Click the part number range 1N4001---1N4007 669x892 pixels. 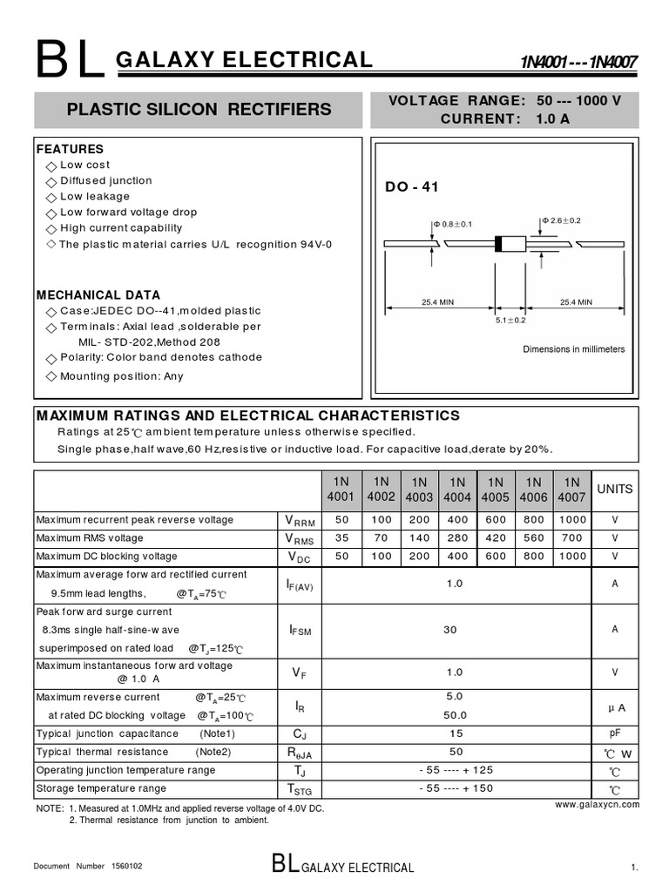579,63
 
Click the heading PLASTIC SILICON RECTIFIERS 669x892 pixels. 199,110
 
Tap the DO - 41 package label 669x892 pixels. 412,187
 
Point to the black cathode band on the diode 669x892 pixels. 499,244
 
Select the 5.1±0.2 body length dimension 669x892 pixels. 510,320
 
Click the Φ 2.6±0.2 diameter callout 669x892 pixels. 561,220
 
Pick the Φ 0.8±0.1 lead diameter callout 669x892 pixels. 452,224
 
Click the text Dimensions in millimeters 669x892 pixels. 573,349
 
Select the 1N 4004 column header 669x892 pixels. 456,490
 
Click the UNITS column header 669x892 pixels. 615,490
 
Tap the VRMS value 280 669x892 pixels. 456,538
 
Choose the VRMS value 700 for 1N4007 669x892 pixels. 571,538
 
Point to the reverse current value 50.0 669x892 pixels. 455,714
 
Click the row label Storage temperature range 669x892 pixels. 101,788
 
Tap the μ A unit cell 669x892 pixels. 615,707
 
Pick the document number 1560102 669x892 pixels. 126,867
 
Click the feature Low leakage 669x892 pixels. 95,196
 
